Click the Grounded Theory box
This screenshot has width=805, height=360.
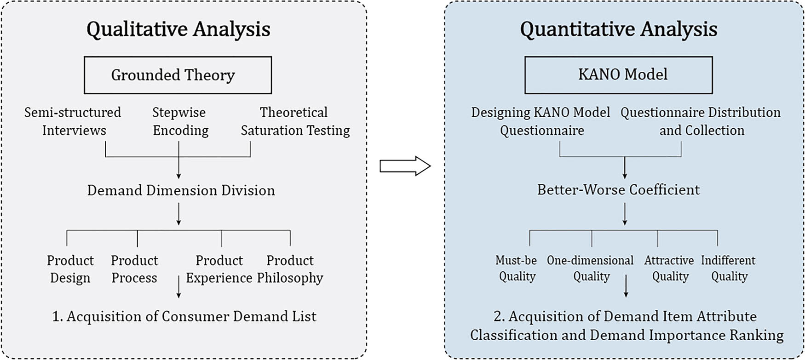tap(178, 75)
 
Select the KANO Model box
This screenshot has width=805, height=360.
tap(618, 74)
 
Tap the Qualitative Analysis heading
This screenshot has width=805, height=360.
tap(178, 29)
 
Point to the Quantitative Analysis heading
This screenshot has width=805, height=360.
tap(618, 29)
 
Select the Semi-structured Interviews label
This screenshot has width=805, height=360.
tap(73, 121)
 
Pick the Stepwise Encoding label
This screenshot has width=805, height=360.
tap(180, 121)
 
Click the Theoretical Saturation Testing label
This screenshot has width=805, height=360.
tap(295, 121)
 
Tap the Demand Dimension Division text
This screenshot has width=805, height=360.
tap(181, 190)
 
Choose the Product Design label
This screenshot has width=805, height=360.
tap(70, 269)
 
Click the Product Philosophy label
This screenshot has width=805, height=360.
tap(290, 269)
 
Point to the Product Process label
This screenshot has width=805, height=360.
tap(134, 269)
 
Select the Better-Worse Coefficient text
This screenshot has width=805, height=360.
tap(618, 189)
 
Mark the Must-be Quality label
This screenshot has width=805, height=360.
tap(517, 268)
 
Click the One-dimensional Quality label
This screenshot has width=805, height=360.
tap(590, 268)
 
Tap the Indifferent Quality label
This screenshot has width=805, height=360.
tap(728, 268)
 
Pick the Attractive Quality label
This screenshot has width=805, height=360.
tap(669, 268)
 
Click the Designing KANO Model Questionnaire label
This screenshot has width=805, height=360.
tap(541, 121)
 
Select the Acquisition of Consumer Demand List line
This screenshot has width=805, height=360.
tap(184, 316)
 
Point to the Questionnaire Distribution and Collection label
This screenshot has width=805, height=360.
tap(701, 121)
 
